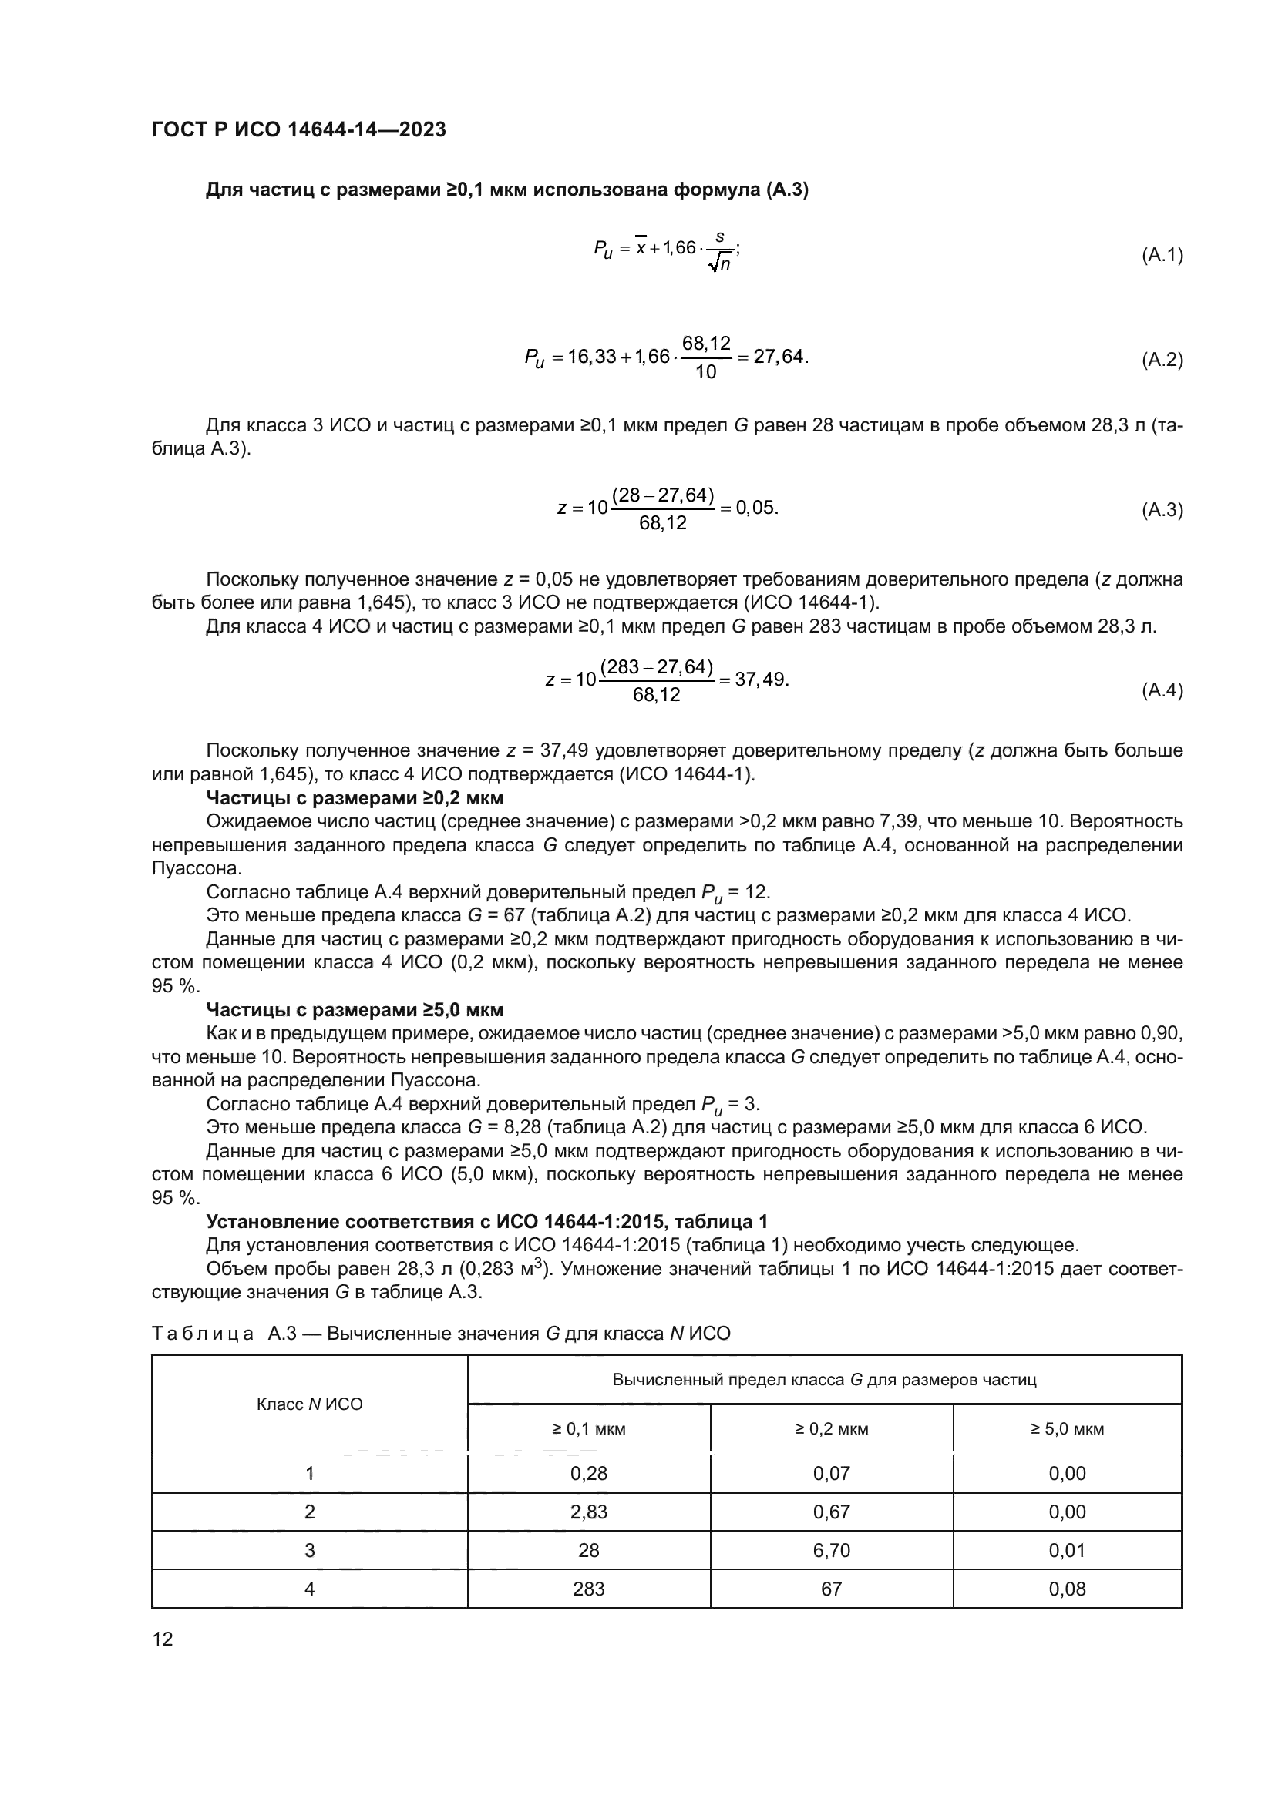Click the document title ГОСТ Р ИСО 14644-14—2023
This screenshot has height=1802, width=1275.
298,129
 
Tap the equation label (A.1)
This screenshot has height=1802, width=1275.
1161,255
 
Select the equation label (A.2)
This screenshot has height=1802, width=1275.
1161,361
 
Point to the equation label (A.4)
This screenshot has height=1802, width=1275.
1161,690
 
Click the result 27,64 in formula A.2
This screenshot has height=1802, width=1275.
779,357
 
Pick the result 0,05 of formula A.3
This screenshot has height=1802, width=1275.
756,507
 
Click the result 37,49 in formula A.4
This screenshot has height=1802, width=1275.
761,679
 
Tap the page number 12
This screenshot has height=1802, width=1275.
163,1638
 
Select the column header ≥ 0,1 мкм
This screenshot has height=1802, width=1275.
588,1428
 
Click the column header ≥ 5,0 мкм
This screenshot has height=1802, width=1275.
1067,1428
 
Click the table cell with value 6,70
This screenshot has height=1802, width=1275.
832,1550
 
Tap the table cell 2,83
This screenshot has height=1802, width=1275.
588,1512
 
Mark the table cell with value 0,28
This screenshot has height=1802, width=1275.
588,1473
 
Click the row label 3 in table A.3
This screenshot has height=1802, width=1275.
309,1550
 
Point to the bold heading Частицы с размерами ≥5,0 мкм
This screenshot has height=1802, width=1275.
354,1009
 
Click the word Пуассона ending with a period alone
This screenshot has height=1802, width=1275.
197,869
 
